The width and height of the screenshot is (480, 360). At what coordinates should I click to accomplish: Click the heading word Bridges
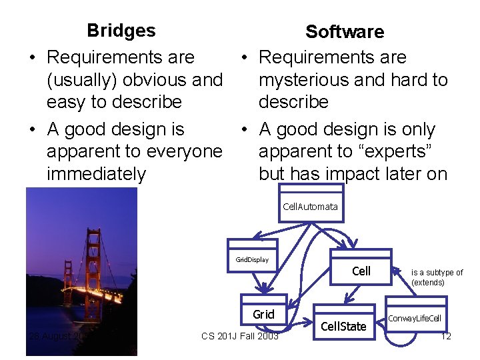pos(121,31)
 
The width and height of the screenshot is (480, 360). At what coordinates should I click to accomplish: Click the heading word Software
pos(344,32)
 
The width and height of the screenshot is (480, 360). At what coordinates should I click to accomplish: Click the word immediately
pos(96,175)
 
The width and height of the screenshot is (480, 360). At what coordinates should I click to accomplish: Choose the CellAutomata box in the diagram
pos(310,207)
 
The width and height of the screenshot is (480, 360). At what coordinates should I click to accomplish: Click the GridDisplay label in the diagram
pos(252,259)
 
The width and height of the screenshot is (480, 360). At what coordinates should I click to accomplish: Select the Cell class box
pos(361,270)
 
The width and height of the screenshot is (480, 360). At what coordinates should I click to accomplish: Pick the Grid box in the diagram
pos(263,314)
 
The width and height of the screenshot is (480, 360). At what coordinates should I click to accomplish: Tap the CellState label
pos(343,326)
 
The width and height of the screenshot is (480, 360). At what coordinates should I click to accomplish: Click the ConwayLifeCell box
pos(414,319)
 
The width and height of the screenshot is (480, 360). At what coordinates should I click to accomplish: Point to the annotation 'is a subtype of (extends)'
pos(437,277)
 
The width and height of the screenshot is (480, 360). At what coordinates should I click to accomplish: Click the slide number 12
pos(446,336)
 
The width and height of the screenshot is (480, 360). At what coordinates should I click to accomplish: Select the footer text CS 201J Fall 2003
pos(240,336)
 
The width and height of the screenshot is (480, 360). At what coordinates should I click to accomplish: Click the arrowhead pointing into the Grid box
pos(266,289)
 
